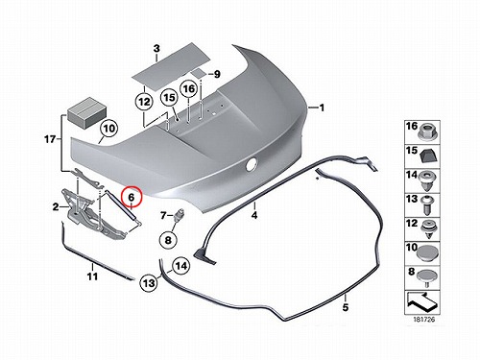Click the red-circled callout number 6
click(132, 197)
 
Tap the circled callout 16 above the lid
click(189, 88)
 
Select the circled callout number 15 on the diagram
click(170, 97)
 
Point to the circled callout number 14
click(181, 266)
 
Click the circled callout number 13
click(149, 283)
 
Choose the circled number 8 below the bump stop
click(168, 239)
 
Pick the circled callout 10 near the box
click(109, 129)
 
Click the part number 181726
click(423, 320)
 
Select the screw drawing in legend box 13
click(427, 205)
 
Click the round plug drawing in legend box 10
click(427, 253)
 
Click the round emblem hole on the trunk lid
click(252, 164)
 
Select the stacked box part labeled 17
click(86, 113)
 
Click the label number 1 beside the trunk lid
click(322, 108)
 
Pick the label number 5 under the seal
click(346, 307)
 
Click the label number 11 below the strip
click(92, 276)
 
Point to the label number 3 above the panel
click(156, 49)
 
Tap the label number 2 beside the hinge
click(56, 207)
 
